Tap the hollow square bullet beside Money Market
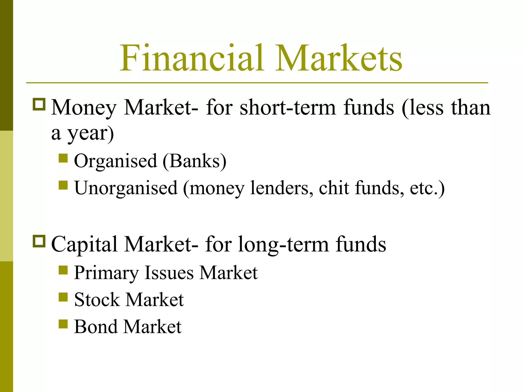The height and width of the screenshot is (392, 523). [x=39, y=104]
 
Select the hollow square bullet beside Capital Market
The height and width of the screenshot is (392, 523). [x=39, y=241]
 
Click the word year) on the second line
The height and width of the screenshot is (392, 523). [x=90, y=133]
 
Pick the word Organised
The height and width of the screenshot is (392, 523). [x=115, y=161]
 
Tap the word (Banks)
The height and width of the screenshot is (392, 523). [x=194, y=161]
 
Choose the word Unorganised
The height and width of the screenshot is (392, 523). [x=126, y=188]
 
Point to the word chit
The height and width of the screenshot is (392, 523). [x=334, y=188]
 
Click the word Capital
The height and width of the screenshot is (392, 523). [x=84, y=244]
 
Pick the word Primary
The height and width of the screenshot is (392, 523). [x=106, y=273]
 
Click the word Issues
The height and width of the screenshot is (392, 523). [x=169, y=273]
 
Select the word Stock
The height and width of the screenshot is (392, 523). [x=97, y=300]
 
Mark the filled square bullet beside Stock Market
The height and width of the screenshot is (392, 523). [x=63, y=297]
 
